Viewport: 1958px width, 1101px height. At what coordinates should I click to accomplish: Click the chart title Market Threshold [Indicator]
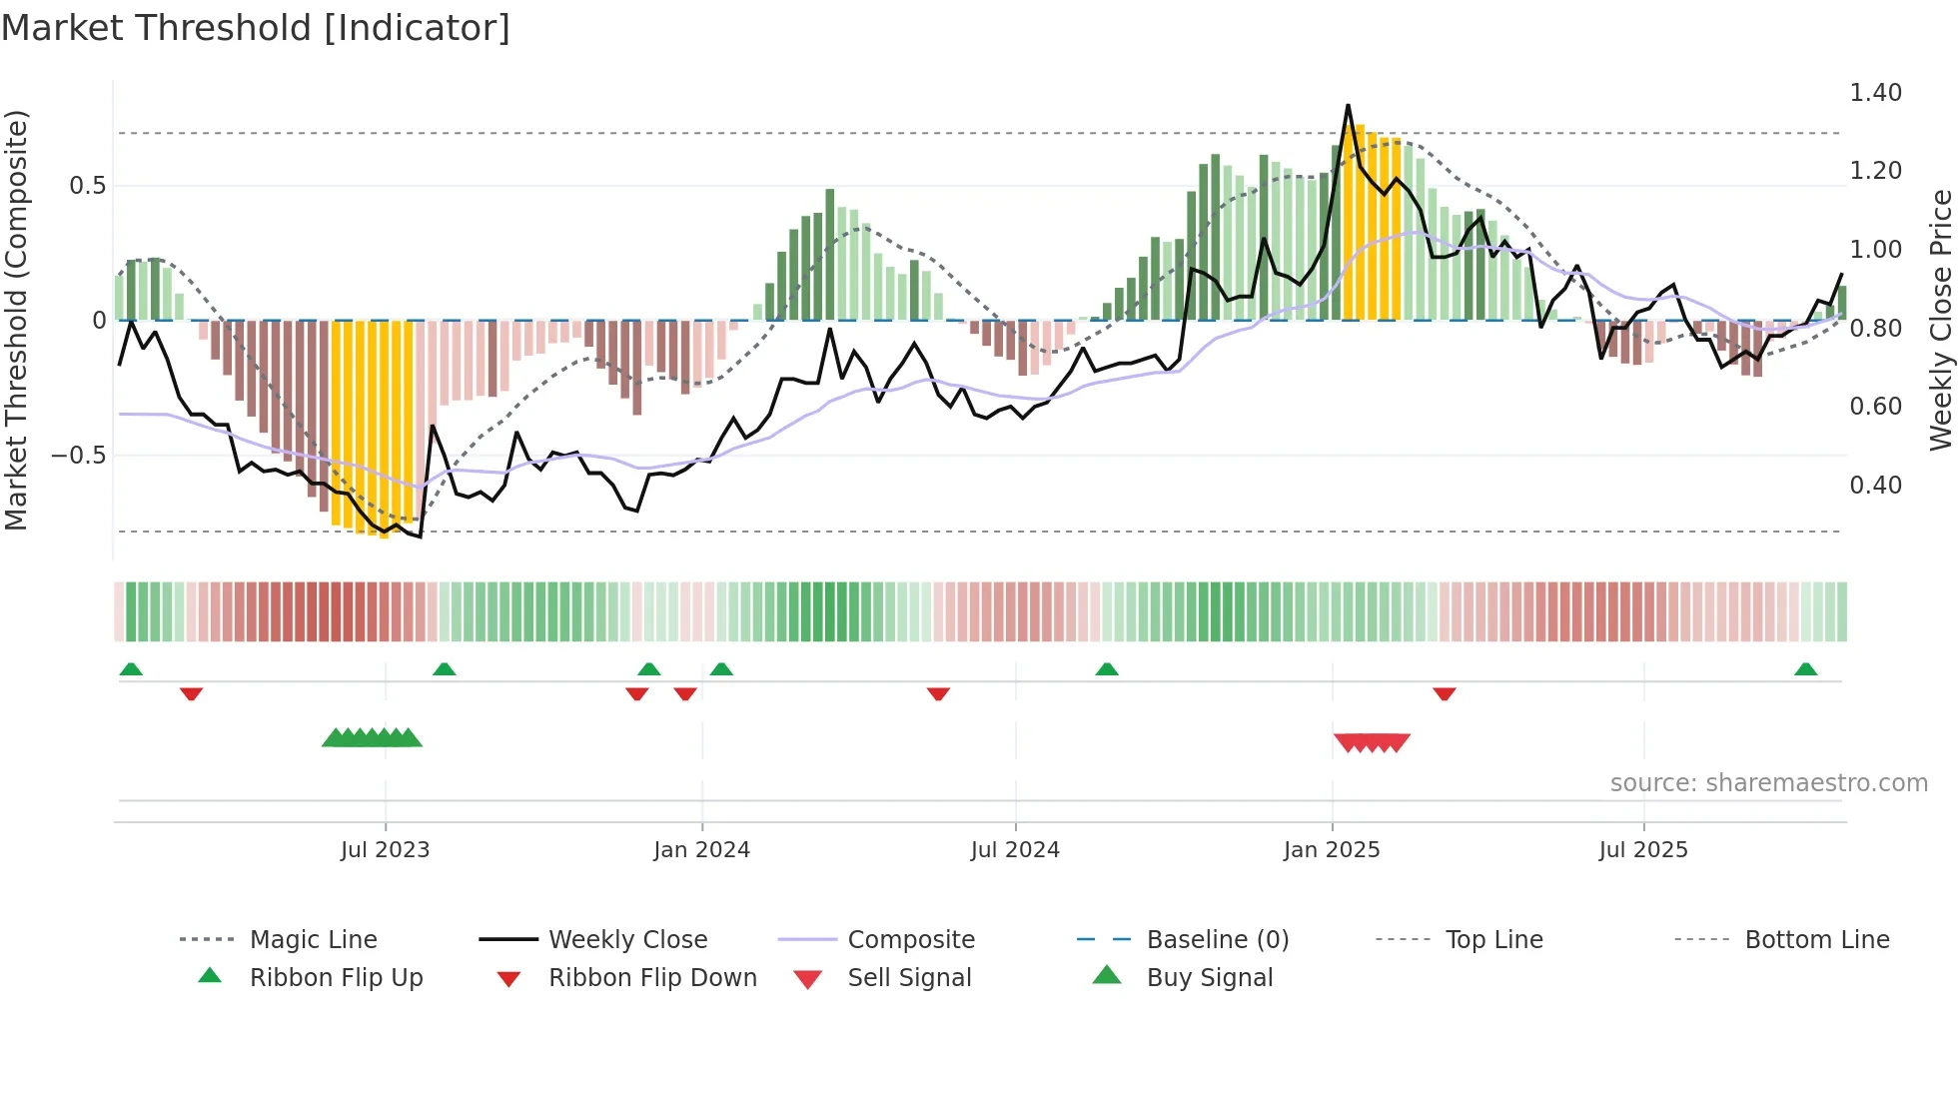point(256,28)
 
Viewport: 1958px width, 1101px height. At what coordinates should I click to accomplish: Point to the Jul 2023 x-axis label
point(385,850)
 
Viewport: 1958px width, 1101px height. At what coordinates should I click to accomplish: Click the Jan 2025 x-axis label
point(1331,850)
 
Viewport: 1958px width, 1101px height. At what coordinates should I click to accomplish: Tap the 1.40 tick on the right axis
point(1875,93)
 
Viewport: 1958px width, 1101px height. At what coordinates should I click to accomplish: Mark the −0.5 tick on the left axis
point(79,456)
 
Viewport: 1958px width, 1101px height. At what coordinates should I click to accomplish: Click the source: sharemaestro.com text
point(1768,783)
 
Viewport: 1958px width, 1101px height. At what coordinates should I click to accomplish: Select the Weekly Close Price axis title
point(1940,320)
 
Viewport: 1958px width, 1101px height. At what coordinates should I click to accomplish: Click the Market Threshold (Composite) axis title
point(16,320)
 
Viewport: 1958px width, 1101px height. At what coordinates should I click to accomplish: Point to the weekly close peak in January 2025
point(1348,105)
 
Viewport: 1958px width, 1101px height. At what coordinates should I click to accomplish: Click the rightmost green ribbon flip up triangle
point(1805,669)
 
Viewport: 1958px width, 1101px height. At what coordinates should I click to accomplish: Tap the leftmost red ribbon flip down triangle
point(191,693)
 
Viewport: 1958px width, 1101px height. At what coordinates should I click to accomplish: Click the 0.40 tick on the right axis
point(1875,486)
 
